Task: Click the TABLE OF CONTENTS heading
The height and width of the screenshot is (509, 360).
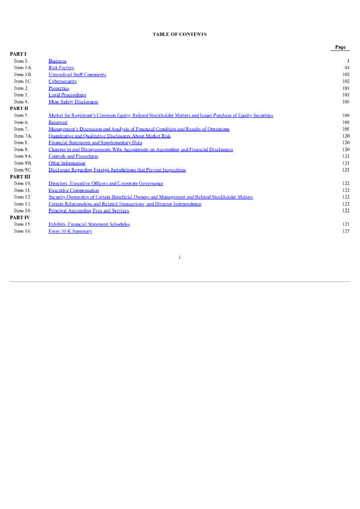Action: [x=180, y=34]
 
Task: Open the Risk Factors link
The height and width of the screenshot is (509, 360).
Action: [x=61, y=68]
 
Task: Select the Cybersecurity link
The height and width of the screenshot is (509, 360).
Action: [x=63, y=81]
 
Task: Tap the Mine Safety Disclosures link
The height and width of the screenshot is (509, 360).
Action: [x=73, y=101]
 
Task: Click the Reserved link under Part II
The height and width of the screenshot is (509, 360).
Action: [x=58, y=122]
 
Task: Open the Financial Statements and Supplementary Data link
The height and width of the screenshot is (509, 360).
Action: [x=95, y=143]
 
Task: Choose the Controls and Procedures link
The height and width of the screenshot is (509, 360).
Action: [x=73, y=156]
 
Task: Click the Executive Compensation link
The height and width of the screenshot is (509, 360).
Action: [x=74, y=190]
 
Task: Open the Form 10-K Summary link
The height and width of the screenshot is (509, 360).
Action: [x=70, y=231]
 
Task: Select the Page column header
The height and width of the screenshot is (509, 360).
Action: [x=340, y=47]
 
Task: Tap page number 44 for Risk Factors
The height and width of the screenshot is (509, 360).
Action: [x=347, y=68]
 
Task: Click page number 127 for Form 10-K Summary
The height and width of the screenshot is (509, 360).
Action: [x=346, y=231]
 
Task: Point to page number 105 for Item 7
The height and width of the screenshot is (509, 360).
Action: [x=346, y=129]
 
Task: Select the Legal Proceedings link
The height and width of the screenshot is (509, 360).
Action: [x=67, y=95]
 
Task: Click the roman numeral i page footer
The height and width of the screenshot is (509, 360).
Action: [x=180, y=257]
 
